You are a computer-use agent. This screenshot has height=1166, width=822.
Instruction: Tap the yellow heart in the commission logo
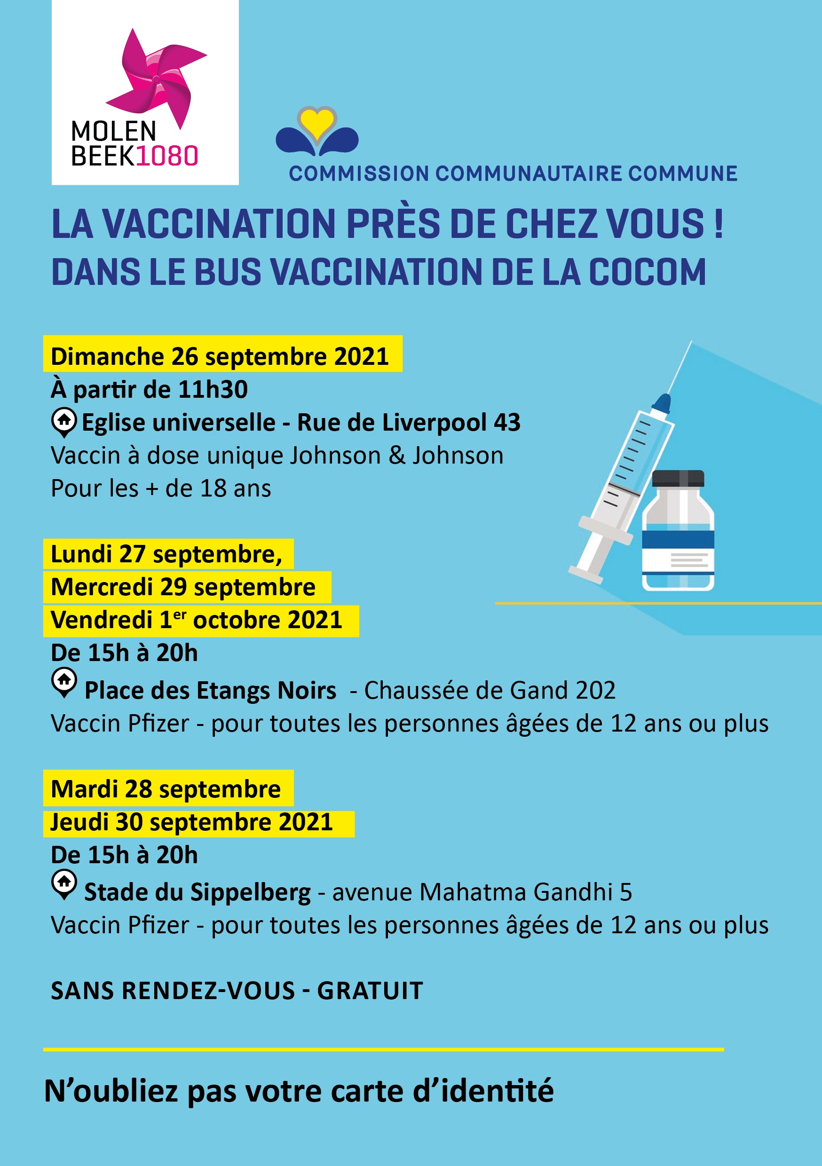tap(317, 123)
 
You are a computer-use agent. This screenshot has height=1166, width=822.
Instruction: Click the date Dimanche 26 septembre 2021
tap(220, 356)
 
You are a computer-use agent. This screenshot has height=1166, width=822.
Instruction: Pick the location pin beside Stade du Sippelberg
tap(64, 883)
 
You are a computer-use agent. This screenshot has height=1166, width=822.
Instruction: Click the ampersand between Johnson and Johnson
tap(397, 456)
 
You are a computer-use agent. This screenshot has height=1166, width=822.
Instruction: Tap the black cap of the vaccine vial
tap(678, 478)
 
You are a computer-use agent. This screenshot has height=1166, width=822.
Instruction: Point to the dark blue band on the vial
tap(678, 539)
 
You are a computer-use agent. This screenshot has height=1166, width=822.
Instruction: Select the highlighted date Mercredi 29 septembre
tap(183, 588)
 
